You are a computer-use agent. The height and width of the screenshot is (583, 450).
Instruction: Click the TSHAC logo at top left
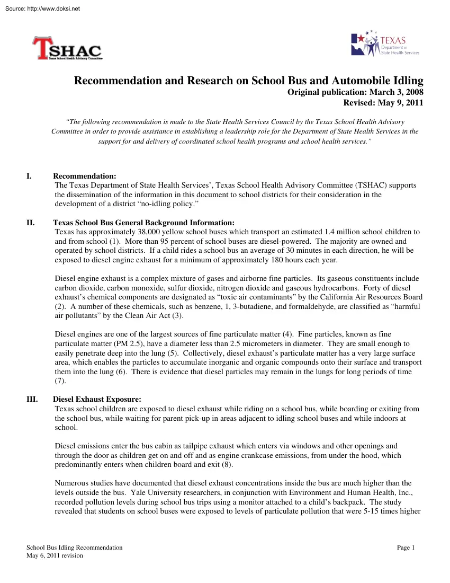67,49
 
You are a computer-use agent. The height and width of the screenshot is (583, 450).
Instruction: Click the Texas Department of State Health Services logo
385,44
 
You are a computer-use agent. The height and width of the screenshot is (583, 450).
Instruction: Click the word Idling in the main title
405,81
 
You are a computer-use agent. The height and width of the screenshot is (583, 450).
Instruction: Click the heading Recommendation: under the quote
85,176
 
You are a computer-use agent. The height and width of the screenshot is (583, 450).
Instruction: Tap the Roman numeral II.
30,223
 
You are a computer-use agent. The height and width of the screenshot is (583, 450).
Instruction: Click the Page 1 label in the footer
406,547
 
